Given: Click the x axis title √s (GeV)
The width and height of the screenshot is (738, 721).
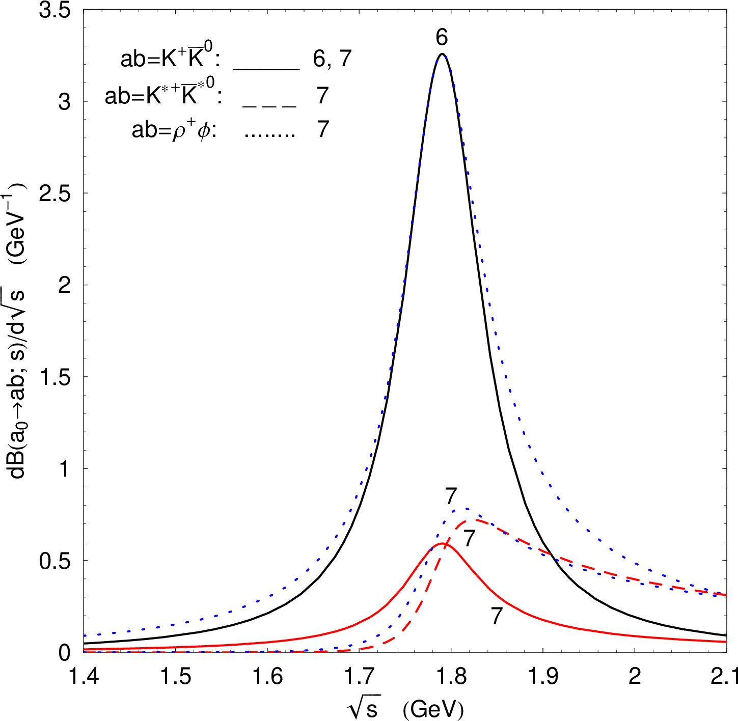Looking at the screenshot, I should click(406, 708).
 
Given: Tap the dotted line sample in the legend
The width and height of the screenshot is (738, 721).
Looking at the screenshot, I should click(270, 135).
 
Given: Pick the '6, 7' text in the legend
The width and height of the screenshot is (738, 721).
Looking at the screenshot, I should click(332, 60).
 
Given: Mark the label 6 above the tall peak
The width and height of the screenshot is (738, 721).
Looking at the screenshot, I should click(442, 38).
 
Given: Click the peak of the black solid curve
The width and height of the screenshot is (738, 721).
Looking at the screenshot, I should click(442, 54).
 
